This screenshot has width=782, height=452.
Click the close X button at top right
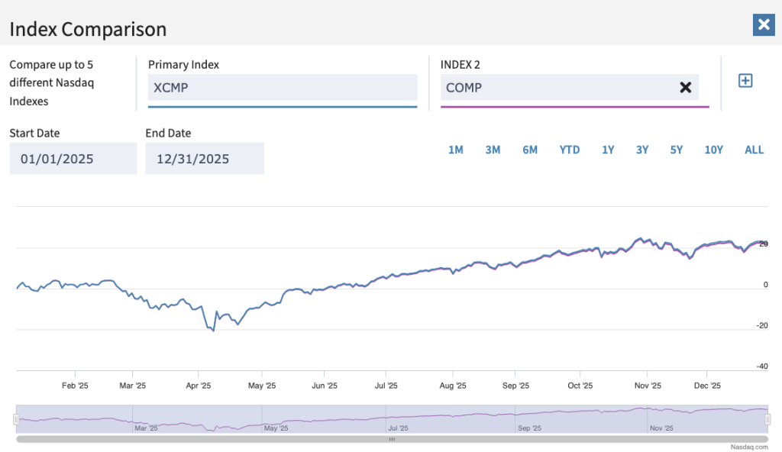pyautogui.click(x=763, y=24)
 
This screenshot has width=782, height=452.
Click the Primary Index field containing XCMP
pyautogui.click(x=283, y=88)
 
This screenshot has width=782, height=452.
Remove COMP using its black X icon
pyautogui.click(x=685, y=88)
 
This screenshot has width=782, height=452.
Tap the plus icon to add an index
pyautogui.click(x=745, y=80)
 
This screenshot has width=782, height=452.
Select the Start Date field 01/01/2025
pyautogui.click(x=73, y=159)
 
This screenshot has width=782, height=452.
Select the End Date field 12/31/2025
pyautogui.click(x=205, y=159)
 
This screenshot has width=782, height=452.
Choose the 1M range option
pyautogui.click(x=456, y=150)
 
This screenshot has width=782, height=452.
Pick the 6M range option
pyautogui.click(x=530, y=150)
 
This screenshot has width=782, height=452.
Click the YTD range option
pyautogui.click(x=570, y=150)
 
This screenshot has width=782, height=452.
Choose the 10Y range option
pyautogui.click(x=713, y=150)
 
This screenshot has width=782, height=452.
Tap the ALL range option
pyautogui.click(x=754, y=150)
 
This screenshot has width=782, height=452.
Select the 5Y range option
pyautogui.click(x=677, y=150)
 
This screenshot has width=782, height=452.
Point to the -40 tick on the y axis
pyautogui.click(x=761, y=366)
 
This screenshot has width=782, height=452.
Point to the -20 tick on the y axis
pyautogui.click(x=761, y=325)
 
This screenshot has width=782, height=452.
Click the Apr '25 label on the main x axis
pyautogui.click(x=199, y=386)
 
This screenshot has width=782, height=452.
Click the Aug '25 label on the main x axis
pyautogui.click(x=454, y=386)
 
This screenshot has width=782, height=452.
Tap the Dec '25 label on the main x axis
pyautogui.click(x=708, y=386)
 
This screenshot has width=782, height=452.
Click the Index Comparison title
pyautogui.click(x=88, y=30)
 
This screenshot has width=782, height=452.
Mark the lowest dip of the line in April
pyautogui.click(x=214, y=331)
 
